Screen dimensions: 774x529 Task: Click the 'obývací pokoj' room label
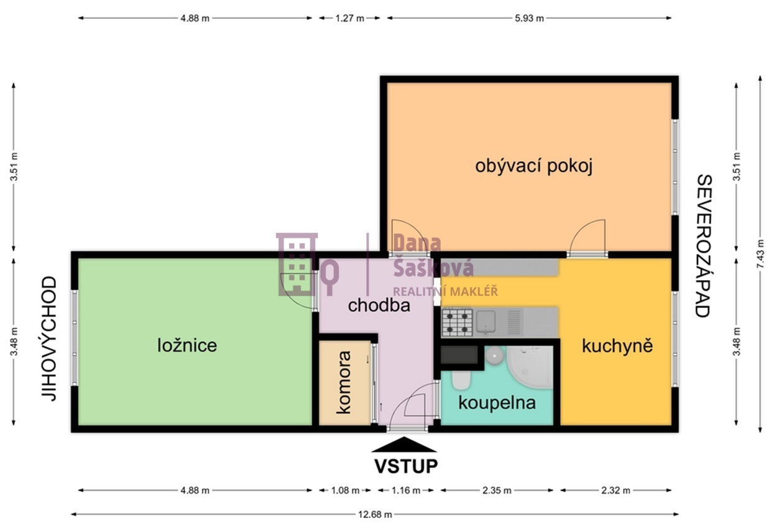534,166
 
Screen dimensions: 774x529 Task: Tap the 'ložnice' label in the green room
187,345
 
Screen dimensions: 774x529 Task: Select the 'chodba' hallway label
379,306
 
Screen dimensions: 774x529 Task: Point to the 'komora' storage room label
344,382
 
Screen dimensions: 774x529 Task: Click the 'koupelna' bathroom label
497,403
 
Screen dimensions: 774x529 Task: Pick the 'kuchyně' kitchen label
617,345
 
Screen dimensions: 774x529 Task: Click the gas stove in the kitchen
457,322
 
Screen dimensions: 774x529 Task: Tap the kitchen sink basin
486,322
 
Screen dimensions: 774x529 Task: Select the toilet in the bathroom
461,380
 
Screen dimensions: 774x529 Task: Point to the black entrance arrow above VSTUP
404,444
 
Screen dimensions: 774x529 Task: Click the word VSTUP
406,466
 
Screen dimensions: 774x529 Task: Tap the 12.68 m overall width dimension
375,515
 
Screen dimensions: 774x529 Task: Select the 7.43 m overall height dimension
760,253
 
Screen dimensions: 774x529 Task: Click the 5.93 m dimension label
529,18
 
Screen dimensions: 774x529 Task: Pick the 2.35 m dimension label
497,490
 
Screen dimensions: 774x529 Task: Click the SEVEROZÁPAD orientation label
704,246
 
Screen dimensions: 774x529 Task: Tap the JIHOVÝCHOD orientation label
49,339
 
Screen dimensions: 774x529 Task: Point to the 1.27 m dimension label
349,18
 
